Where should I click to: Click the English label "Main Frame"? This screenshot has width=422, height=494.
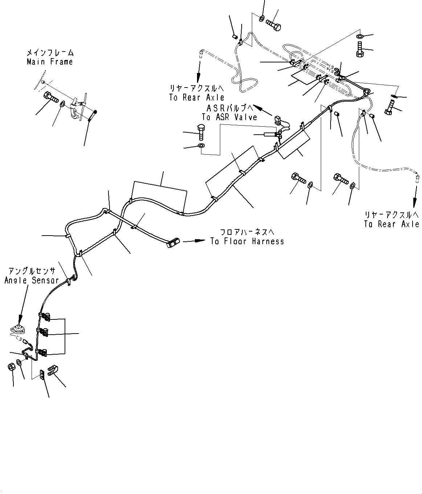[x=50, y=62]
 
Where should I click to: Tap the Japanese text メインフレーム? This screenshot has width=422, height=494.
[x=50, y=52]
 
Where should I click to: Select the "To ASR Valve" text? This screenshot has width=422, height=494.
[x=229, y=117]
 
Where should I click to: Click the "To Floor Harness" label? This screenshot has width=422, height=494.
[x=247, y=241]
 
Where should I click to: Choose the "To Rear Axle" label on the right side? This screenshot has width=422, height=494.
[x=392, y=224]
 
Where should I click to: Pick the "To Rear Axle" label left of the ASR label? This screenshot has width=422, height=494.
[x=196, y=97]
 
